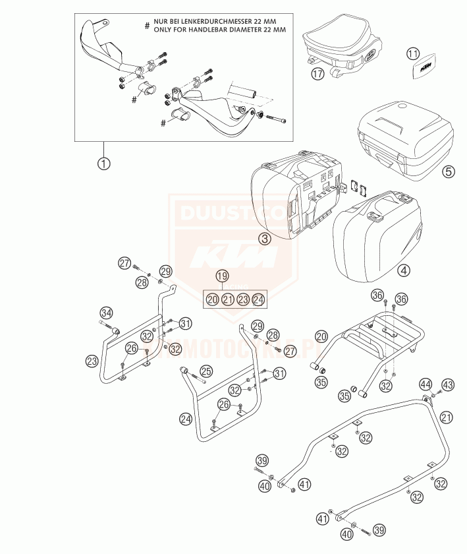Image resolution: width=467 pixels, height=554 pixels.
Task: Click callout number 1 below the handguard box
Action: pos(103,162)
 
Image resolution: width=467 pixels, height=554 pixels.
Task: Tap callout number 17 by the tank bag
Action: pos(317,73)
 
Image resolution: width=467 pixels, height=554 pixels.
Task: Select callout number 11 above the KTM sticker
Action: pos(412,53)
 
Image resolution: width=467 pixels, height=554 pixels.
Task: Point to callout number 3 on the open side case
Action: pos(264,239)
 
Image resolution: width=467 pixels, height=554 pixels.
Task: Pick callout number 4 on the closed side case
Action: pos(402,269)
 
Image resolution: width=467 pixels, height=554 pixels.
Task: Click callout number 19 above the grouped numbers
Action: pos(222,276)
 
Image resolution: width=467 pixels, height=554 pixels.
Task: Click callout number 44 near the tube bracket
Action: pos(426,383)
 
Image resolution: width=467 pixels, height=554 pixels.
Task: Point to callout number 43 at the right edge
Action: pos(447,384)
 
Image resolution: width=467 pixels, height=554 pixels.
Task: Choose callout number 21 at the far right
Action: pos(447,417)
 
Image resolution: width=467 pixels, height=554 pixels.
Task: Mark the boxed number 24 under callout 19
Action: pos(259,299)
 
